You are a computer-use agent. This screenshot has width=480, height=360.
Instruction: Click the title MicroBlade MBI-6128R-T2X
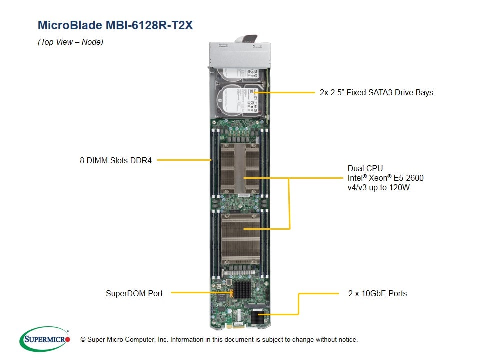point(115,25)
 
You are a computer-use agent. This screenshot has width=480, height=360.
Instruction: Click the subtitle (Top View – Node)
point(70,42)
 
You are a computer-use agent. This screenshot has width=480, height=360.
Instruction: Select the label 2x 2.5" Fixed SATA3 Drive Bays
point(376,92)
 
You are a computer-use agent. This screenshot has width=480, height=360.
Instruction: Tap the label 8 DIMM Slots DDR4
point(115,160)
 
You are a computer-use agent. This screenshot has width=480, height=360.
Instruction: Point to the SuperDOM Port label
point(134,293)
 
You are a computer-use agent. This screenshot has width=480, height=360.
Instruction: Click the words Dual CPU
point(365,168)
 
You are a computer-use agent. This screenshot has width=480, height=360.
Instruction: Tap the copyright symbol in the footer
point(83,340)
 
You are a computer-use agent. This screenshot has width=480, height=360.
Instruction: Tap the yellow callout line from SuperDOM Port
point(200,293)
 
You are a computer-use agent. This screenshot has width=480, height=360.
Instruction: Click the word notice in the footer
point(347,340)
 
